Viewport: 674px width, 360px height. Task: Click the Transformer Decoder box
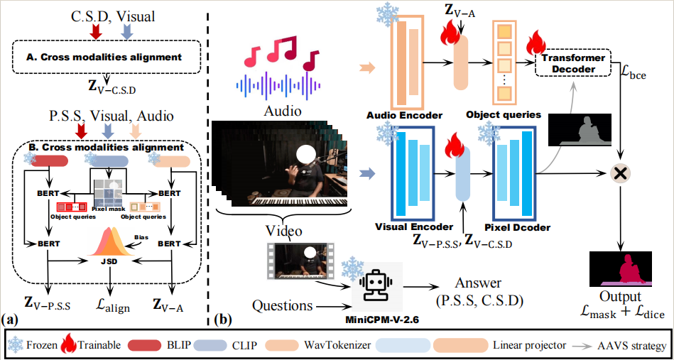(x=575, y=64)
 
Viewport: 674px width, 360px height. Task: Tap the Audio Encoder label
(x=405, y=115)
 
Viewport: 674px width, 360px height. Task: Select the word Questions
(x=282, y=305)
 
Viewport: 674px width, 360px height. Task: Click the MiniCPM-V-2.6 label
(x=386, y=320)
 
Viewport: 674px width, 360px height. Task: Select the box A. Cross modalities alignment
(x=106, y=55)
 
